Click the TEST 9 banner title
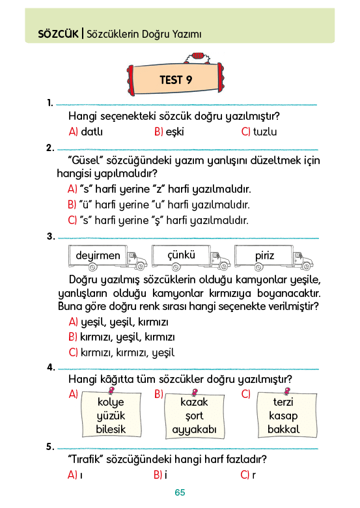(176, 79)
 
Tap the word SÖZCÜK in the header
(59, 34)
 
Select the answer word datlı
(92, 132)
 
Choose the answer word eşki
(175, 132)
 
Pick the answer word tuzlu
(265, 132)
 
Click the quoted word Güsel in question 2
(85, 160)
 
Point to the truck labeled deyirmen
(107, 258)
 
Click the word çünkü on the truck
(181, 255)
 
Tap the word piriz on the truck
(264, 256)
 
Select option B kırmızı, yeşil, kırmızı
(121, 337)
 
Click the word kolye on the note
(111, 402)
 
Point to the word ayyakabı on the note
(194, 430)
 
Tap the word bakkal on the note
(284, 429)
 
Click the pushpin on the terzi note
(287, 391)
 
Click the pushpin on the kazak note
(195, 393)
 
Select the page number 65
(180, 492)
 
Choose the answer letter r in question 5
(254, 475)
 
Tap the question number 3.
(51, 236)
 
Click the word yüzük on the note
(111, 416)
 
